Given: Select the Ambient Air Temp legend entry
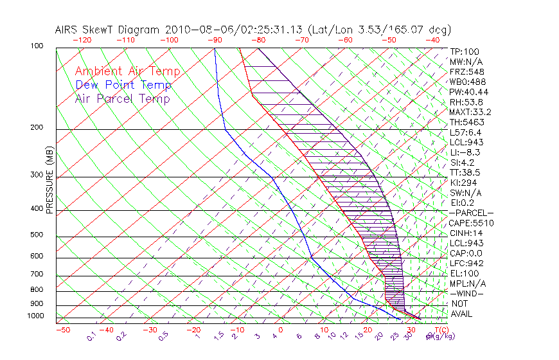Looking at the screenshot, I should coord(127,71).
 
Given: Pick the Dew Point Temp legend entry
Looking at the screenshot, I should coord(123,85).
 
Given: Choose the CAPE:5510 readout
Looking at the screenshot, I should coord(471,223).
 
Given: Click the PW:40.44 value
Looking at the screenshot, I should coord(467,92).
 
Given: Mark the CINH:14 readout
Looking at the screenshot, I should coord(466,233).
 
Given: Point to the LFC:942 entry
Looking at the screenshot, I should coord(466,263).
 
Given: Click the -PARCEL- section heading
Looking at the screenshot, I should coord(471,213).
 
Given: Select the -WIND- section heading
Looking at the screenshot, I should coord(467,293).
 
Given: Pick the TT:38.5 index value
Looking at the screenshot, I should coord(465,172).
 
